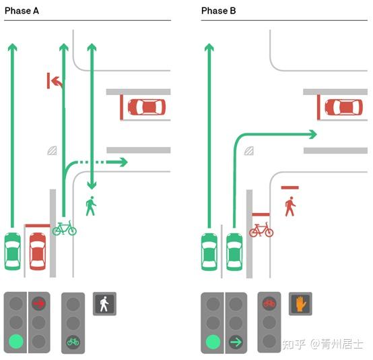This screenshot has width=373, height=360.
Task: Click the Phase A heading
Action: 22,11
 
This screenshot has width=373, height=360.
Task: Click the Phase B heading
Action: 218,11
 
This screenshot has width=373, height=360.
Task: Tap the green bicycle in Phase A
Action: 65,229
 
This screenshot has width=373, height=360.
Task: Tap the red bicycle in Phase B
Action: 261,230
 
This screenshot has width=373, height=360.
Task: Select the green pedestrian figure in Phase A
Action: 91,206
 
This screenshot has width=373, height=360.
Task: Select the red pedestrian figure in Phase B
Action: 290,206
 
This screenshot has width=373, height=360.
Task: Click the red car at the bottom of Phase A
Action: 38,251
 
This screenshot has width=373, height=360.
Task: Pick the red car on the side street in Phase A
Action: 147,107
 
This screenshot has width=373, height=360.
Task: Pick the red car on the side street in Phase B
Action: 344,107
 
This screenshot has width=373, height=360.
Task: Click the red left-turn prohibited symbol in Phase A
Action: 55,80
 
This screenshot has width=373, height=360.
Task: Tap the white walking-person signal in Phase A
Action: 104,304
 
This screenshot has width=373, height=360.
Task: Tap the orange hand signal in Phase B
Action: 300,304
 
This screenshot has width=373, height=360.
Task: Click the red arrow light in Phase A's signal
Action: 39,303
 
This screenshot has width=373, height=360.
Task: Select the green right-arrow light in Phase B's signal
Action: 236,342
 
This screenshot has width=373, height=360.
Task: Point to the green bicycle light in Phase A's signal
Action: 73,342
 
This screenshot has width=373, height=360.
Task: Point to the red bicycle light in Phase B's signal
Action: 269,303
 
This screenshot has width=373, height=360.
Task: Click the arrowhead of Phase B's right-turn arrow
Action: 313,134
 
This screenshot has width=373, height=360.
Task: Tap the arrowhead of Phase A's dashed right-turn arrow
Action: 123,162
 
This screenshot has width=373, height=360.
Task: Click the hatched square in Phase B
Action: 249,151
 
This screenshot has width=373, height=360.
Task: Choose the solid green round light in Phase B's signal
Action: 213,342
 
